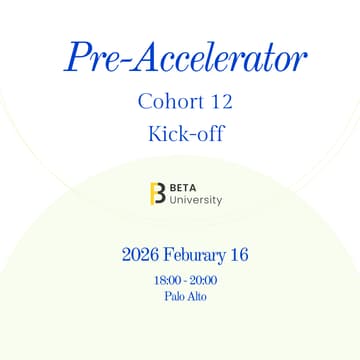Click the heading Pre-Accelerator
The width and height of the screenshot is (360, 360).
[186, 57]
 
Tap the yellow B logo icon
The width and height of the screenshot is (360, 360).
[157, 193]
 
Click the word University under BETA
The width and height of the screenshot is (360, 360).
[196, 200]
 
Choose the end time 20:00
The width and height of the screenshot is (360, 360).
[202, 281]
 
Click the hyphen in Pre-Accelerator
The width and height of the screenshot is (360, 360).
[126, 61]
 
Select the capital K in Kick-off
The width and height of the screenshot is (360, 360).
[153, 133]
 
